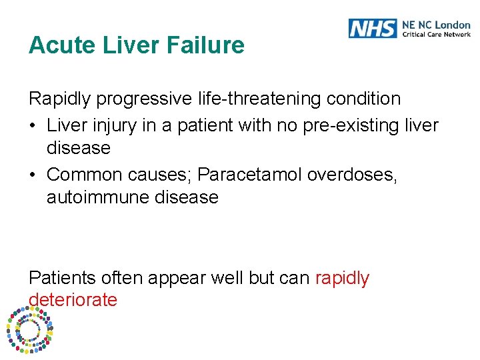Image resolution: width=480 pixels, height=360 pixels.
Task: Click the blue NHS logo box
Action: [x=372, y=28]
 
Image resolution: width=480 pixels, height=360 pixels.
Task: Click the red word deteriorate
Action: [x=73, y=300]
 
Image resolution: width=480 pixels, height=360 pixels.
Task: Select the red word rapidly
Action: [x=342, y=278]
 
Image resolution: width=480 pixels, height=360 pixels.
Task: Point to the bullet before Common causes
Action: [x=33, y=175]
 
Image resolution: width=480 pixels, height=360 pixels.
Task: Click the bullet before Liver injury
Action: [x=33, y=125]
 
